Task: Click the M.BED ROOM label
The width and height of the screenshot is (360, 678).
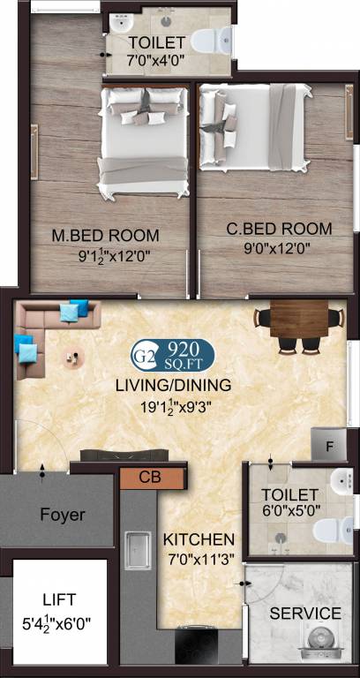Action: click(106, 236)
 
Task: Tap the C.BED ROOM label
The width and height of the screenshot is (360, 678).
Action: click(279, 229)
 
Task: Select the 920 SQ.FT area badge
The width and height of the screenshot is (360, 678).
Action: click(172, 355)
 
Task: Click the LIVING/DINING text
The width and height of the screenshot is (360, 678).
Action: click(173, 385)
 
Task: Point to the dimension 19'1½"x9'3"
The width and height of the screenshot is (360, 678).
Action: click(176, 406)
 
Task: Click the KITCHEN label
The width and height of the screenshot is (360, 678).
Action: click(199, 539)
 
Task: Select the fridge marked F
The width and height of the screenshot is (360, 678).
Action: click(329, 445)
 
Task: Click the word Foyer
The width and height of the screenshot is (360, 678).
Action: click(63, 515)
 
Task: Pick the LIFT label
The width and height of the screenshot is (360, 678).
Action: click(60, 599)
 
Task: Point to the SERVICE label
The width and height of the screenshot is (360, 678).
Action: click(305, 614)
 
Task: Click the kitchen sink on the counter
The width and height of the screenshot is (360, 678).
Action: click(138, 551)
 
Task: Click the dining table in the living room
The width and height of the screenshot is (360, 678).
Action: click(299, 319)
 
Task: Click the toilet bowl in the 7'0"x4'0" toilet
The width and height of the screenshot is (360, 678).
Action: click(212, 41)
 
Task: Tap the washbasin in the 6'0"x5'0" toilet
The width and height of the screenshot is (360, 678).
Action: click(344, 480)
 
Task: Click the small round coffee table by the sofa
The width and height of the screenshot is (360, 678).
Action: click(73, 358)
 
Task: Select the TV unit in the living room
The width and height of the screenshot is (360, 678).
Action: click(124, 455)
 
